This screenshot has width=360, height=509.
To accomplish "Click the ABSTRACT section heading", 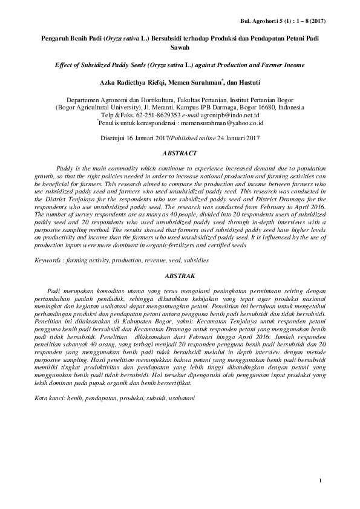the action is pyautogui.click(x=179, y=154).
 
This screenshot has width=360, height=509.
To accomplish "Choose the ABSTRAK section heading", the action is pyautogui.click(x=179, y=276).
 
